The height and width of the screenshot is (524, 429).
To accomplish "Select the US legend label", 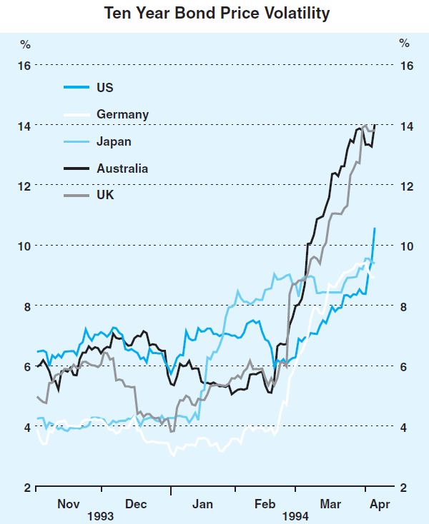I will pos(104,88).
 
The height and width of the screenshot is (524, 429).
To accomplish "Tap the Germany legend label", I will pos(122,114).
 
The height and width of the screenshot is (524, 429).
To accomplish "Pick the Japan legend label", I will pos(114,141).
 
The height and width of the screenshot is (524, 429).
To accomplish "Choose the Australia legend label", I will pos(122,168).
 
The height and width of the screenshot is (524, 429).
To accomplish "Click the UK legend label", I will pos(105,194).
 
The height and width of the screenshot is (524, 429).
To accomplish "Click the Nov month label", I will pos(69,504).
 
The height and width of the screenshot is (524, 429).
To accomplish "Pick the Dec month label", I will pos(136,504).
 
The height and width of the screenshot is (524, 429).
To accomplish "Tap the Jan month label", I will pos(203,504).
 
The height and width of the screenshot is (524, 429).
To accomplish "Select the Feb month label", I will pos(266,504).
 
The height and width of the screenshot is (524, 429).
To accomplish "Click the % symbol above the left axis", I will pos(25,44).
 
